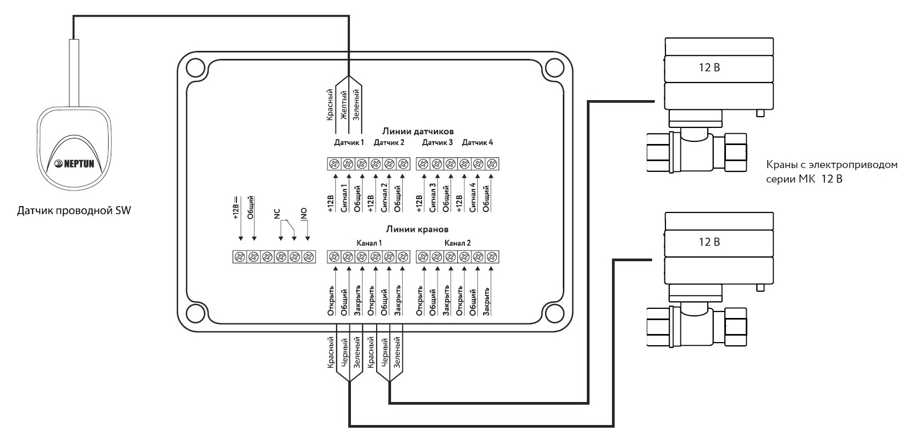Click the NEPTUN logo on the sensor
74,163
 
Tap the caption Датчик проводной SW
74,210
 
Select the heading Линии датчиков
418,132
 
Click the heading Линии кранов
417,229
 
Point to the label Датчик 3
437,142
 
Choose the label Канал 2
457,243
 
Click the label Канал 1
369,243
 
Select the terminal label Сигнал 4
472,198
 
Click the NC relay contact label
277,214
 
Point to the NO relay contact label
304,214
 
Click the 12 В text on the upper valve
709,67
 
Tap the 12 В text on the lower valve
709,242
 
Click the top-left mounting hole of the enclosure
195,67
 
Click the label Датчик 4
477,142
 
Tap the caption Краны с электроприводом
832,165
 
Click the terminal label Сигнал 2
384,198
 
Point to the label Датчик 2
388,142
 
